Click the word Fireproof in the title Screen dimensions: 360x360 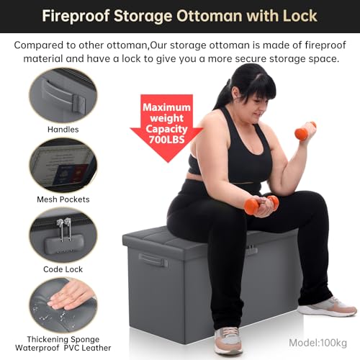click(x=76, y=17)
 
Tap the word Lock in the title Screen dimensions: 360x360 click(x=300, y=17)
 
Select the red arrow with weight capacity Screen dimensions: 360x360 click(x=167, y=128)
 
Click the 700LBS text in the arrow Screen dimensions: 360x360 click(x=167, y=140)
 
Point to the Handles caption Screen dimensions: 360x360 click(x=63, y=130)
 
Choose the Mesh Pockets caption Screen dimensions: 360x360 click(x=63, y=199)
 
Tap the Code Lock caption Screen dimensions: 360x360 click(x=63, y=269)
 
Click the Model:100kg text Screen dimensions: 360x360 click(x=318, y=343)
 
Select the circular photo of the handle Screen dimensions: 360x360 click(x=63, y=96)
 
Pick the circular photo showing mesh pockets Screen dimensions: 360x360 click(x=63, y=166)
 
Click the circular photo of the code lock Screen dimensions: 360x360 click(x=63, y=235)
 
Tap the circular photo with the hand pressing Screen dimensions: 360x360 click(x=63, y=305)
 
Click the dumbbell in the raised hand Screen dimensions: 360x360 click(x=305, y=131)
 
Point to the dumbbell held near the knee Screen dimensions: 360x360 click(x=261, y=204)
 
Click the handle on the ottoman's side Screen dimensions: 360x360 click(x=153, y=260)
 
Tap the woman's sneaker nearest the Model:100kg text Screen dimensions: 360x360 click(x=328, y=307)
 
